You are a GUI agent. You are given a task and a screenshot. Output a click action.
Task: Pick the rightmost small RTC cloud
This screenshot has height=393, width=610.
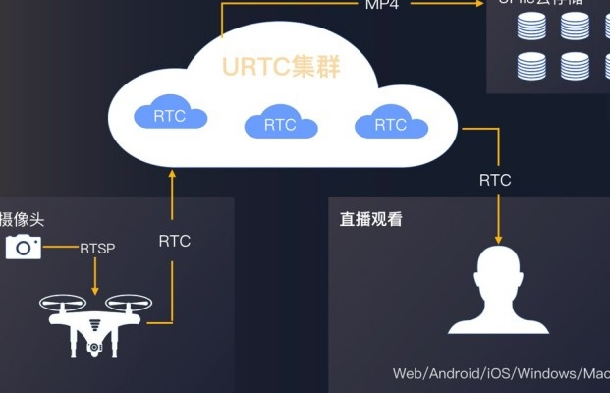point(390,123)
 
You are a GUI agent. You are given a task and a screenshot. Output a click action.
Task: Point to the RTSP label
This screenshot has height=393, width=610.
point(97,248)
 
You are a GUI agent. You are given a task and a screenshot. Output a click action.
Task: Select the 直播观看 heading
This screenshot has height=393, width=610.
point(364,220)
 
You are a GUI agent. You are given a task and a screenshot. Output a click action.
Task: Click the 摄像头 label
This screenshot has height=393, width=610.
point(22,220)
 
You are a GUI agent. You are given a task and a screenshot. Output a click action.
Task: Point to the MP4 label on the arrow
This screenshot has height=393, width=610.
point(382,4)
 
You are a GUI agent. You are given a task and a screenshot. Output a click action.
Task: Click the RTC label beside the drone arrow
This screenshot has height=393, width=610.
point(174,241)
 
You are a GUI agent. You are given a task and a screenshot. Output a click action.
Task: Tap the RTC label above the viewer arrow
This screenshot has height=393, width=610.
point(495,180)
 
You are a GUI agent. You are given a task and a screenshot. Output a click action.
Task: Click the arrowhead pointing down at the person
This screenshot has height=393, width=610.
point(498,238)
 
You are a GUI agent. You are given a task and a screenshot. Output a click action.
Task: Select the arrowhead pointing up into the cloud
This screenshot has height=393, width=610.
point(173,176)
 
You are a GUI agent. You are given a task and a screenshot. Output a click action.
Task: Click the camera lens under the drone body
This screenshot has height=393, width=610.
point(95,346)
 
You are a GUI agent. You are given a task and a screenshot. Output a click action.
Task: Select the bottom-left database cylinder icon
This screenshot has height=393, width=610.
point(531,67)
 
